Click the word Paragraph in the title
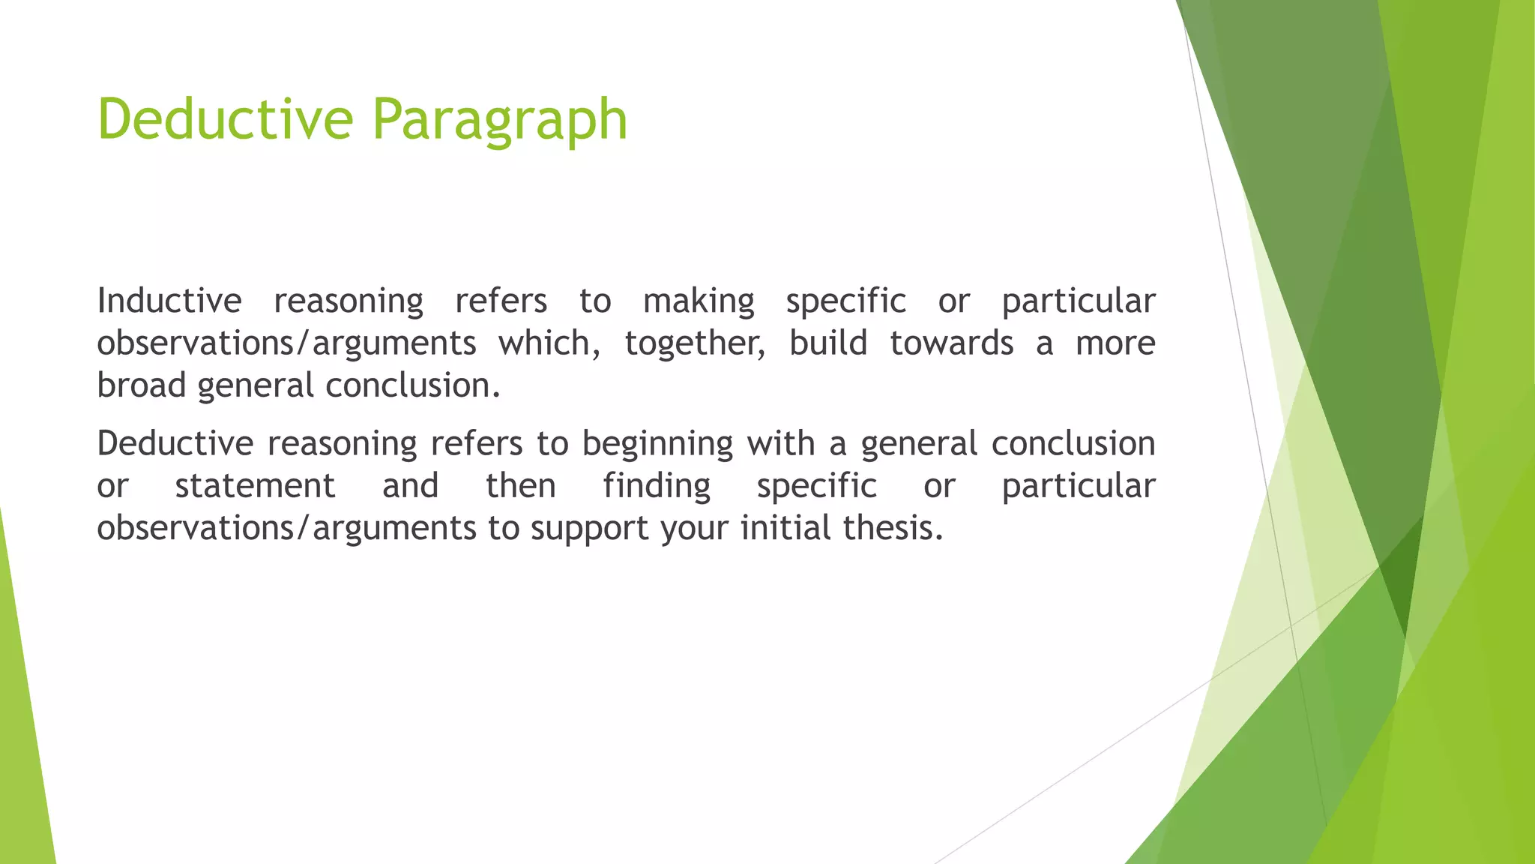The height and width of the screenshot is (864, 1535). click(x=500, y=120)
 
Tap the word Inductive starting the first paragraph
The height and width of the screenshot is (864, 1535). click(x=169, y=301)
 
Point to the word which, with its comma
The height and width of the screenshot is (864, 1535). click(x=549, y=343)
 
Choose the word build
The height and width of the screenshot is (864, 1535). click(x=828, y=343)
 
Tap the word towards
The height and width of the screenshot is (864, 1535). click(x=951, y=343)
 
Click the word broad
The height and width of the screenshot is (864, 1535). click(x=141, y=385)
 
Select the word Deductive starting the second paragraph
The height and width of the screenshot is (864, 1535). click(x=175, y=443)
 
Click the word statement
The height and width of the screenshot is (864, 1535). click(x=255, y=486)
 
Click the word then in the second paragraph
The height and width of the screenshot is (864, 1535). click(x=521, y=486)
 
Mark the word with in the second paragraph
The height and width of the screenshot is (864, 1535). click(x=780, y=443)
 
